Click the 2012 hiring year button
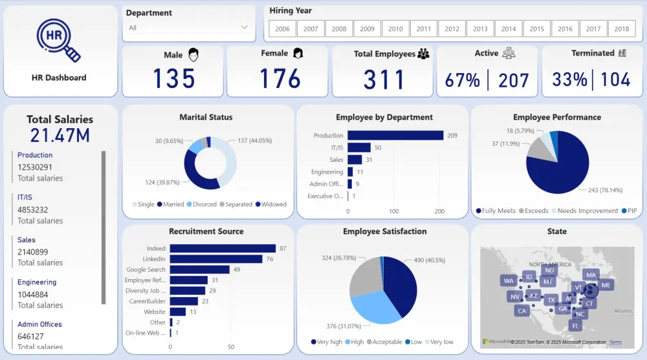[452, 29]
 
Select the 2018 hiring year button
[622, 29]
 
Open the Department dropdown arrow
[244, 27]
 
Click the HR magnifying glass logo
[58, 40]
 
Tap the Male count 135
[174, 79]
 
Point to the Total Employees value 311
[384, 80]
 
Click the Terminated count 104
[615, 80]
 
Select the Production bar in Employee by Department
[395, 135]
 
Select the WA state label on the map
[508, 281]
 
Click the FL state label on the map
[575, 325]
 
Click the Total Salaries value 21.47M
[60, 135]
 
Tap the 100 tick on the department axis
[393, 212]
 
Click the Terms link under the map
[615, 343]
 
